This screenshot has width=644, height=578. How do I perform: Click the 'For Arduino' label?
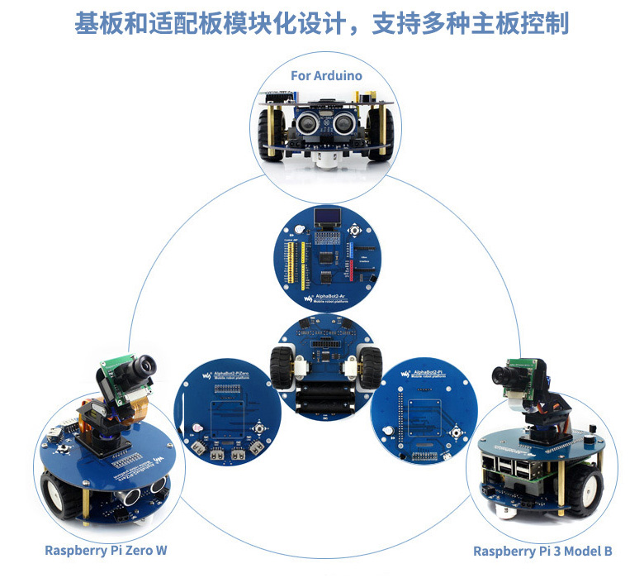tap(326, 75)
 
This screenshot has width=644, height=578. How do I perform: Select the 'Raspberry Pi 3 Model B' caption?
tap(542, 551)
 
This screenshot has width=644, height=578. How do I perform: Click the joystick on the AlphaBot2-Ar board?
tap(355, 231)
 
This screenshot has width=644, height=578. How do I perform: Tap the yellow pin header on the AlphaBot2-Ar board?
tap(303, 260)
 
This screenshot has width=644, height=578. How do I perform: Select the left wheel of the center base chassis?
tap(280, 362)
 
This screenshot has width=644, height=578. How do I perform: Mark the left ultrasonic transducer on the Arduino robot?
tap(305, 124)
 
